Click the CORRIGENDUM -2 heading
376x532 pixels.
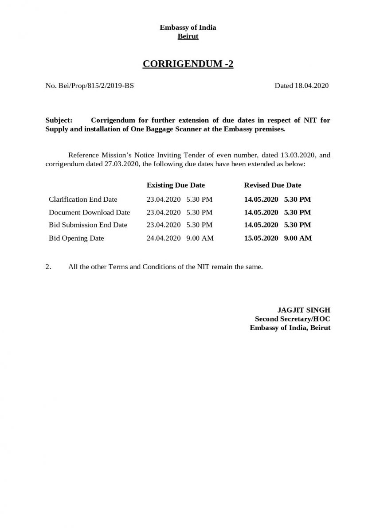point(188,64)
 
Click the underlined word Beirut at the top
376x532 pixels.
point(188,36)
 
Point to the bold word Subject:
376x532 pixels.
point(59,121)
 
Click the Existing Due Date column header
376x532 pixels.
point(176,185)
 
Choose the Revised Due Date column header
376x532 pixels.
point(272,185)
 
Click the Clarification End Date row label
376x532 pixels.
point(83,199)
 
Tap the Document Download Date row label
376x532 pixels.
point(89,212)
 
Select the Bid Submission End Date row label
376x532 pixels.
point(88,225)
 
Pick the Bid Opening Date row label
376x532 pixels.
point(76,238)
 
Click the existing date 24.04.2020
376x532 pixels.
point(164,238)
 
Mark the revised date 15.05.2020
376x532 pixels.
point(261,238)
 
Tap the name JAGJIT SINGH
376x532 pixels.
point(304,310)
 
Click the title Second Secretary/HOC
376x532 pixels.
point(292,319)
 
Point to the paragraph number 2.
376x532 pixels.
point(48,267)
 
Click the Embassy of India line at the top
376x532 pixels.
point(188,27)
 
